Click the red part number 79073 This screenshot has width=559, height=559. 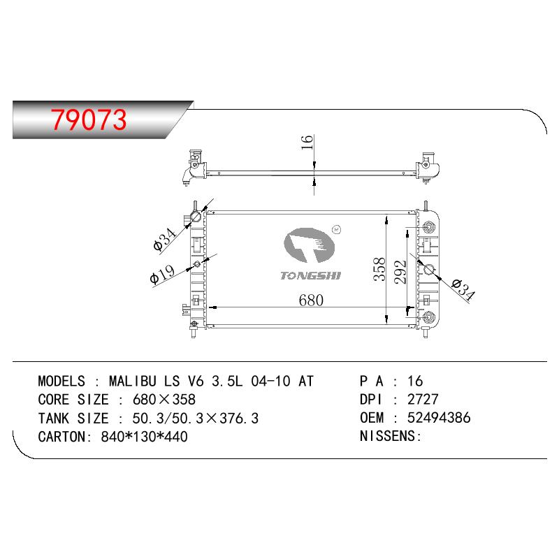pyautogui.click(x=89, y=119)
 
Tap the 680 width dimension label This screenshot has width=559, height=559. pyautogui.click(x=311, y=300)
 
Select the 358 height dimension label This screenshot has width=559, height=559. pyautogui.click(x=379, y=269)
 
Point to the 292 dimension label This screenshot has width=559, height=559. pyautogui.click(x=400, y=272)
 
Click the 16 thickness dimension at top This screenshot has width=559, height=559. pyautogui.click(x=307, y=142)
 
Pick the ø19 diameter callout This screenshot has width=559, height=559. pyautogui.click(x=163, y=274)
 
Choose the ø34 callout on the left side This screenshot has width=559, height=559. pyautogui.click(x=164, y=239)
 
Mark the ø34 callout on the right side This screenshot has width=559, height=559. pyautogui.click(x=463, y=289)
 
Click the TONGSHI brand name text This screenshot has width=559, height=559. pyautogui.click(x=310, y=275)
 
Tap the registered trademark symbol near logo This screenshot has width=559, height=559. pyautogui.click(x=336, y=230)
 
